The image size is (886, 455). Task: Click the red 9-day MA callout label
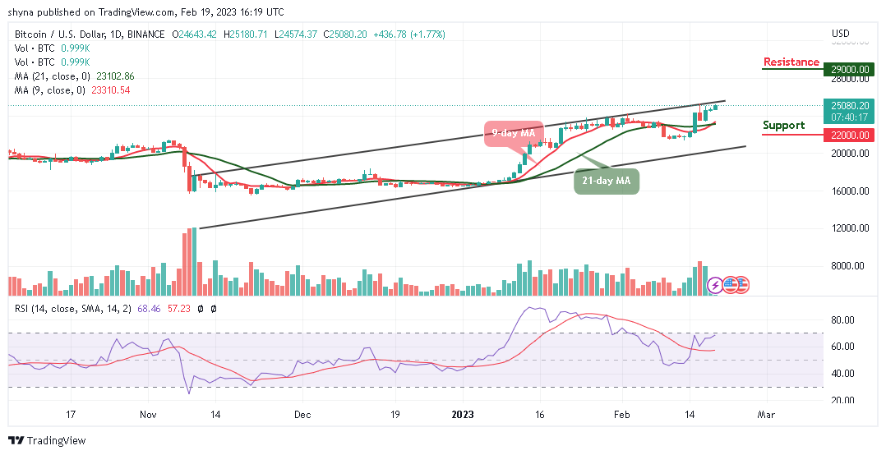tap(514, 133)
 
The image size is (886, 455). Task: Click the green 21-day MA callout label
tap(606, 181)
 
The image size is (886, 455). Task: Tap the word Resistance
tap(791, 62)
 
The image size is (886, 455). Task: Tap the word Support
tap(783, 126)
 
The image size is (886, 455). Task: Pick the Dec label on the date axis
tap(303, 416)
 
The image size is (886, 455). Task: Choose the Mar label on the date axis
tap(765, 416)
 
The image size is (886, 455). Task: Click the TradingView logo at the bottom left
tap(48, 441)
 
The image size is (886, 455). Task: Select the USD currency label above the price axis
tap(840, 34)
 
